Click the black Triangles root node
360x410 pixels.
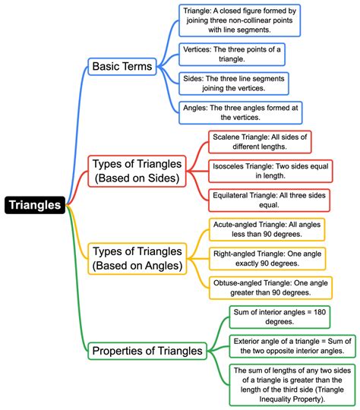click(x=35, y=205)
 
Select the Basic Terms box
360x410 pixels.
click(x=122, y=67)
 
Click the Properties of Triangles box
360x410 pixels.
click(x=147, y=351)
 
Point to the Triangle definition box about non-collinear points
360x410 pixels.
click(x=240, y=20)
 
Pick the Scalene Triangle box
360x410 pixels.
click(x=260, y=141)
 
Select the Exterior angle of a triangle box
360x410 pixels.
click(x=292, y=345)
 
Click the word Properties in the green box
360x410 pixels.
click(x=121, y=351)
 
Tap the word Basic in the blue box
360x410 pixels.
click(x=107, y=67)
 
